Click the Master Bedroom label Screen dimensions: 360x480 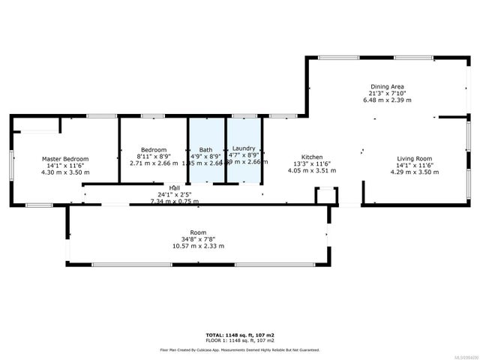point(64,159)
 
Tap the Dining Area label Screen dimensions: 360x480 point(387,87)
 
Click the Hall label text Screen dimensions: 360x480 point(174,187)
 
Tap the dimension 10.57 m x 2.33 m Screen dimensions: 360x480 point(198,246)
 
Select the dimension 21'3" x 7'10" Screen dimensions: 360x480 point(387,94)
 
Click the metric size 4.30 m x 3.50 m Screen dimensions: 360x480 point(64,172)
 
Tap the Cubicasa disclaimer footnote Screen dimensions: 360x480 point(239,349)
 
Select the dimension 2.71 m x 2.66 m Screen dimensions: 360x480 point(154,163)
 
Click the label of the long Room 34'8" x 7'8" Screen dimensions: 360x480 point(198,233)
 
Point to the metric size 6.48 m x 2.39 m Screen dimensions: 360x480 point(387,100)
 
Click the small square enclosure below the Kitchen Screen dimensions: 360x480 point(326,196)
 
